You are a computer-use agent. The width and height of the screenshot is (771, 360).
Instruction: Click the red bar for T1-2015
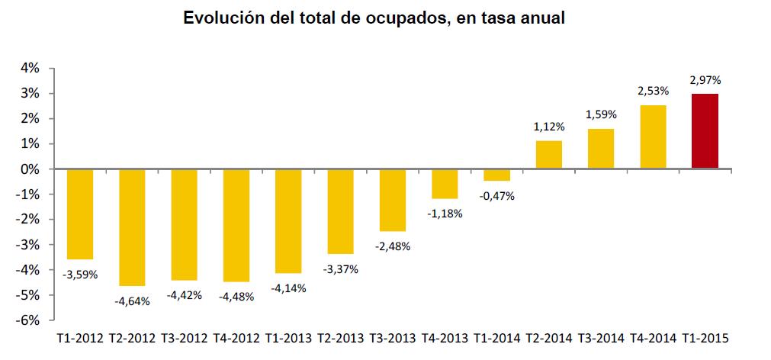pos(705,131)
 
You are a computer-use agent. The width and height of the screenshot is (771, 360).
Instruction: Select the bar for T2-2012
pos(132,227)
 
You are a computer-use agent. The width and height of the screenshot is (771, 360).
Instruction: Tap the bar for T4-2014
pos(653,137)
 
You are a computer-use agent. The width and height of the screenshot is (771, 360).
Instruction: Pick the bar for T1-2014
pos(496,175)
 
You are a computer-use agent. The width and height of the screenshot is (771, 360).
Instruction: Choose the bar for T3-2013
pos(393,200)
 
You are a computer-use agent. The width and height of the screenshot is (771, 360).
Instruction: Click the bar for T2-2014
pos(549,155)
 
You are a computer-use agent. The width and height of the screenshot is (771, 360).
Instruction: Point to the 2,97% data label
pos(705,79)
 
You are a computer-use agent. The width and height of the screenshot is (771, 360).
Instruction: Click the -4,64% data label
pos(133,301)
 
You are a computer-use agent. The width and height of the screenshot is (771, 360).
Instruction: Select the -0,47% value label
pos(497,195)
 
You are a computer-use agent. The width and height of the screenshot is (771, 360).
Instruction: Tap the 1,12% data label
pos(549,127)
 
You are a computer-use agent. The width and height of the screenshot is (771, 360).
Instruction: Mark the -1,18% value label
pos(445,214)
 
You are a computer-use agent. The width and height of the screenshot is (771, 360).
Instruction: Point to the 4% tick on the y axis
pos(30,69)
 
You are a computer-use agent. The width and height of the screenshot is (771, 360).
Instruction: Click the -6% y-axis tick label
pos(28,320)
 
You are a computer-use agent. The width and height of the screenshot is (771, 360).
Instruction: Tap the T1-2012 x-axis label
pos(80,336)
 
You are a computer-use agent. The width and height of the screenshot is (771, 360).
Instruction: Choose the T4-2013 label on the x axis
pos(445,336)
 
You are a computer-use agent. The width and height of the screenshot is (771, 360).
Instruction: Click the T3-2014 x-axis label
pos(601,336)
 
